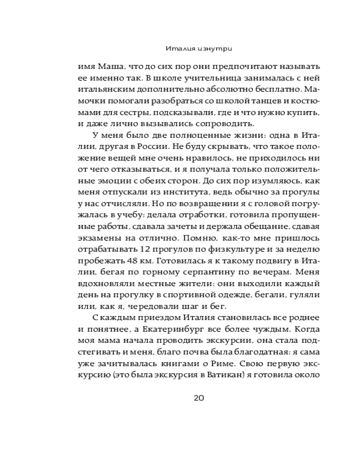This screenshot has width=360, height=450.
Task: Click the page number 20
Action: point(199,398)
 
